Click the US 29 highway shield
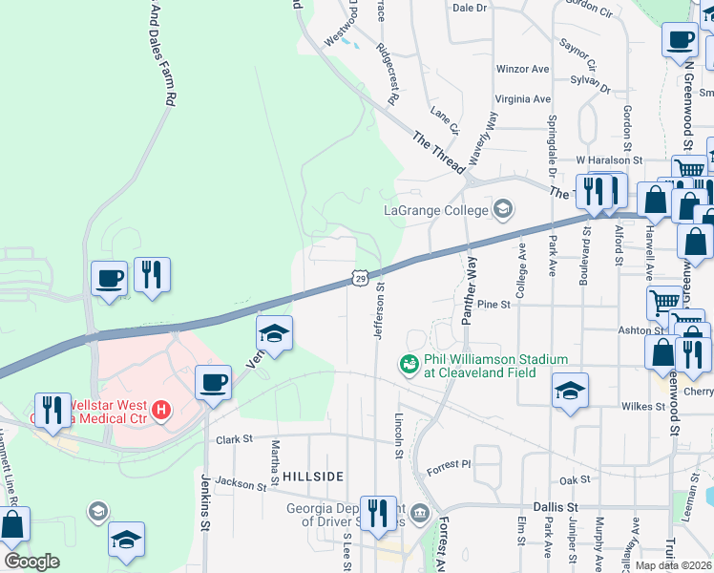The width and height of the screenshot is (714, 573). pyautogui.click(x=359, y=277)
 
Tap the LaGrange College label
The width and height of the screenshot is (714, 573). pyautogui.click(x=436, y=210)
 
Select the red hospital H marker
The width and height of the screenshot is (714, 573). pyautogui.click(x=161, y=411)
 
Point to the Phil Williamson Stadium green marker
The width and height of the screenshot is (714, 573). pyautogui.click(x=409, y=365)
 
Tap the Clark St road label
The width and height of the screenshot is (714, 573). pyautogui.click(x=233, y=439)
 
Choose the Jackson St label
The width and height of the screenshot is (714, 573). pyautogui.click(x=240, y=484)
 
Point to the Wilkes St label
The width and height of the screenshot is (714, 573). pyautogui.click(x=643, y=406)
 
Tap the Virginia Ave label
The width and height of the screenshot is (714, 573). pyautogui.click(x=522, y=98)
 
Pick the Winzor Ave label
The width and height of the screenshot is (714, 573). pyautogui.click(x=522, y=69)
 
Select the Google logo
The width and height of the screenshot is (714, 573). pyautogui.click(x=31, y=562)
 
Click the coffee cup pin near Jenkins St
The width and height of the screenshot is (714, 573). pyautogui.click(x=213, y=385)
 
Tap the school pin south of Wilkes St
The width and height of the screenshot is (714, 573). pyautogui.click(x=570, y=392)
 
